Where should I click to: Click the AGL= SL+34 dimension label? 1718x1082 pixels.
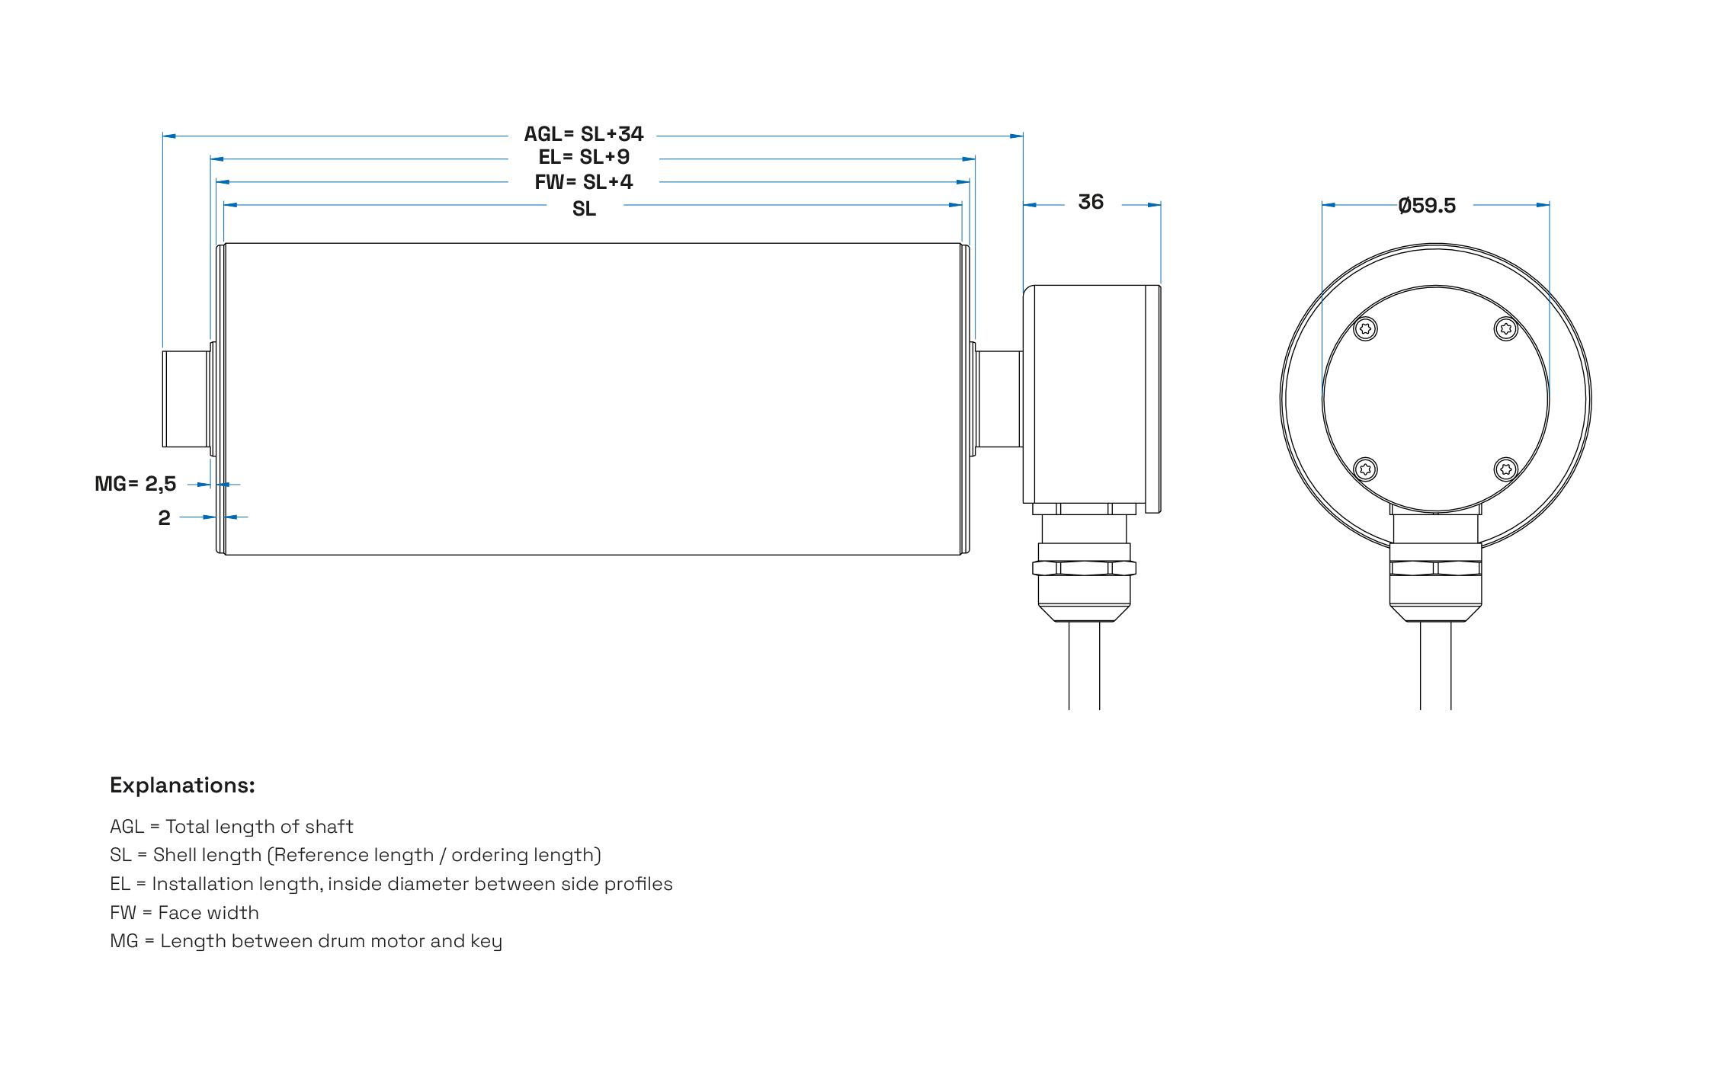tap(583, 134)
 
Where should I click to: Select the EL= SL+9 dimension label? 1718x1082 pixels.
tap(584, 157)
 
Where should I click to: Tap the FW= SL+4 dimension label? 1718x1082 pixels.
tap(583, 182)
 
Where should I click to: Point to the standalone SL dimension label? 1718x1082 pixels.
tap(584, 209)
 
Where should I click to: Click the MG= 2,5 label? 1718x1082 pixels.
tap(135, 484)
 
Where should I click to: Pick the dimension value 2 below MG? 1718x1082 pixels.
tap(164, 518)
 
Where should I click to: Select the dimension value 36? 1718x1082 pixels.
tap(1091, 202)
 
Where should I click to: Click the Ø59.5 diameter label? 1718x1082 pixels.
tap(1427, 206)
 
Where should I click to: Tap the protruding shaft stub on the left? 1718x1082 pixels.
tap(185, 399)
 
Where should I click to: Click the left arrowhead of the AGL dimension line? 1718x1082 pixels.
tap(169, 136)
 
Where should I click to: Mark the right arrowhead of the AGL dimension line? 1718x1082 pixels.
tap(1016, 136)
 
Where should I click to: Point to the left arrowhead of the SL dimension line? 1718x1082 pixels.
tap(231, 205)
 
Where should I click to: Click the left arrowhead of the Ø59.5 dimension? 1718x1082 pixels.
tap(1329, 205)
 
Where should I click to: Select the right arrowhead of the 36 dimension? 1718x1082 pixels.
tap(1154, 205)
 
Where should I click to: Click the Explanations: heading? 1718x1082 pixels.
tap(182, 786)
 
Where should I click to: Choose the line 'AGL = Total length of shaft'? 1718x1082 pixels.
tap(232, 827)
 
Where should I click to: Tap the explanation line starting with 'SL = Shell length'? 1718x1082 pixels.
tap(355, 855)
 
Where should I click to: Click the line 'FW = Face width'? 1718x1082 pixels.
tap(184, 913)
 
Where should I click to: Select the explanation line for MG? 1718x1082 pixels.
tap(306, 941)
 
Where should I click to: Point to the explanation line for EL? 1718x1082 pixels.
tap(390, 884)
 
